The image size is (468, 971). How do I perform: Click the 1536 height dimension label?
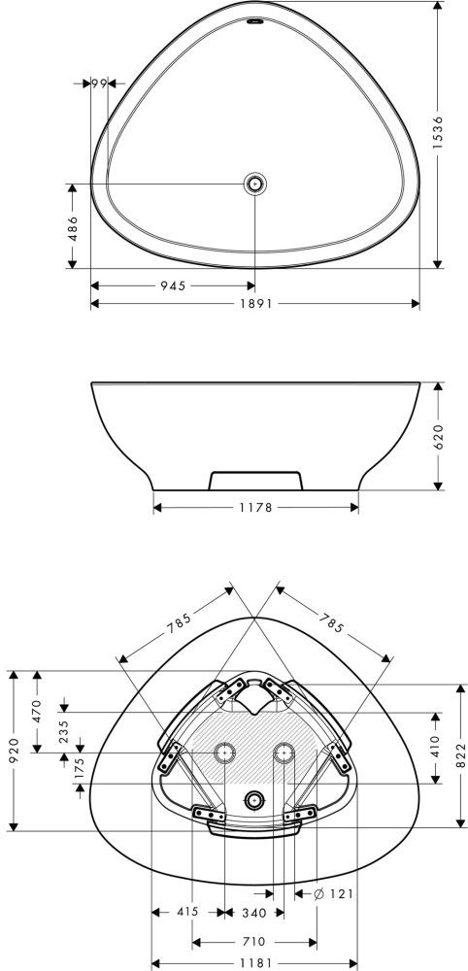coord(438,133)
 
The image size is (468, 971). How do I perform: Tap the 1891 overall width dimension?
coord(255,303)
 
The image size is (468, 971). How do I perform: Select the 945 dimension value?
coord(174,285)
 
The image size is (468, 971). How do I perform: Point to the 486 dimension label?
coord(73,227)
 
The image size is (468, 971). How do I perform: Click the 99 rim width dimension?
coord(98,83)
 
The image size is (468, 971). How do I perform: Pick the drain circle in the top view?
coord(255,184)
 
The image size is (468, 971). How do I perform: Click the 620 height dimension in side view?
coord(438,437)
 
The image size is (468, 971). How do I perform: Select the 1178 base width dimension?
coord(255,508)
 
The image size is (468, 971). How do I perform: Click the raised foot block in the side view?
coord(255,481)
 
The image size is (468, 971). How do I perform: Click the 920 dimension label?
coord(15,750)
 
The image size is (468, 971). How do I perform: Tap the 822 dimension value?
coord(460,755)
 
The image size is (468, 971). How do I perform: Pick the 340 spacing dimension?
coord(253,913)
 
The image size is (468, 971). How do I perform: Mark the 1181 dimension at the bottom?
coord(254,963)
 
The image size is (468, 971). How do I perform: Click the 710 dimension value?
coord(253,942)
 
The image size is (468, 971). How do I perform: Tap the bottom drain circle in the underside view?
coord(252,801)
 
